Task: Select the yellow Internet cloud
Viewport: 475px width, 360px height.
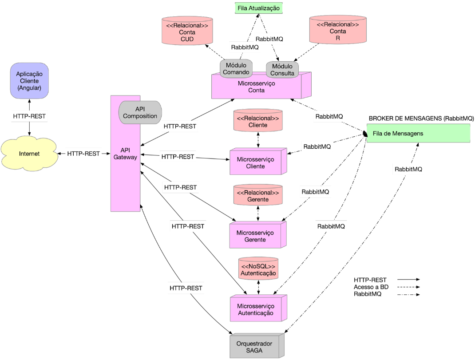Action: pos(29,154)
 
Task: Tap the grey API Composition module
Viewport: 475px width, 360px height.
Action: pos(140,112)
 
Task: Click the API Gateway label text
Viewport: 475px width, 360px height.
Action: pos(125,153)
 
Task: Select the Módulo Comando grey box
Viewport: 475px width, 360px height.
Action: pos(236,68)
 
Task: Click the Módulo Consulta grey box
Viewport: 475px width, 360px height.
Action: pos(282,70)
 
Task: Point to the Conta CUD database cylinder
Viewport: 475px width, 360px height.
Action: pos(187,31)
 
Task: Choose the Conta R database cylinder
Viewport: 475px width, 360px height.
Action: pos(337,30)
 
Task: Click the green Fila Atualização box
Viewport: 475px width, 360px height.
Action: pos(258,8)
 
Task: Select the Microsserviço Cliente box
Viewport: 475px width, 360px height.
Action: pos(257,163)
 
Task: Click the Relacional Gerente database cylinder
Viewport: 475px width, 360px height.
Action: pos(258,196)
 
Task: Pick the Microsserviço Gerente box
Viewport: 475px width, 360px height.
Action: pos(257,236)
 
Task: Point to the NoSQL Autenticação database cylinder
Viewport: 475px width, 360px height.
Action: pos(258,269)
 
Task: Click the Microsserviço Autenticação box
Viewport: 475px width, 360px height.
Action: pos(257,309)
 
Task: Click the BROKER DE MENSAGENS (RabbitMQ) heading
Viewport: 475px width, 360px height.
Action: pos(421,119)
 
